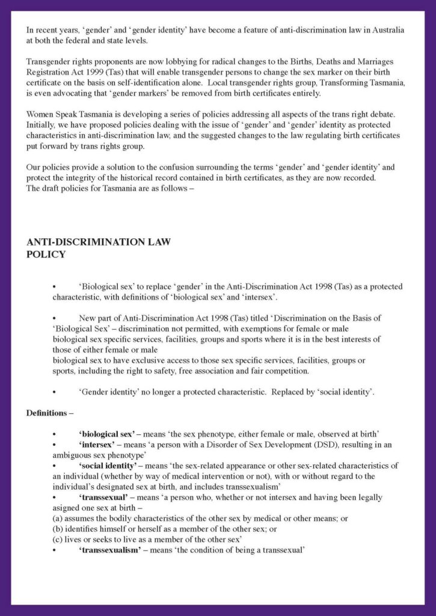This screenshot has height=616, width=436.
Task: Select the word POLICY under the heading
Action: tap(46, 254)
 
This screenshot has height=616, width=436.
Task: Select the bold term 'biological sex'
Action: tap(106, 433)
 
